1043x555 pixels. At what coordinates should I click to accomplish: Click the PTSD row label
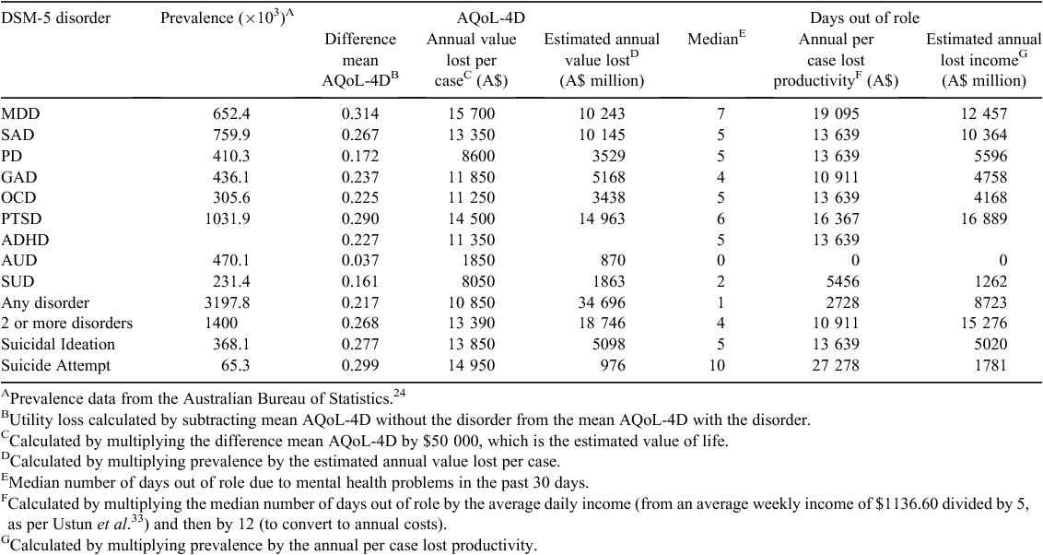18,218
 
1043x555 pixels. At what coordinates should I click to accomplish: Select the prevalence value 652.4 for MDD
231,113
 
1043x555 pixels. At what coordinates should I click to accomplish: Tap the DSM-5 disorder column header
56,18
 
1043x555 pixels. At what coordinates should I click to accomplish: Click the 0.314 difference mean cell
360,113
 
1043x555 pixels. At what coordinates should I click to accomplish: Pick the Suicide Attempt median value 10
717,365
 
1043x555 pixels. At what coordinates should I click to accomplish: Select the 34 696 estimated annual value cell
602,302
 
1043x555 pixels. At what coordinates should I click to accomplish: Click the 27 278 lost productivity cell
835,365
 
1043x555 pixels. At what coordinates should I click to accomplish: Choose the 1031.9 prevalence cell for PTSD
228,218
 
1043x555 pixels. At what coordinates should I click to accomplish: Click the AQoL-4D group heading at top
491,18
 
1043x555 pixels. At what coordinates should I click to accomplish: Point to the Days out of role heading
865,18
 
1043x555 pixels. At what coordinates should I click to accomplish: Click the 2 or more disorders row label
67,323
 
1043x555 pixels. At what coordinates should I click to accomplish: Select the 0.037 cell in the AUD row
360,260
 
